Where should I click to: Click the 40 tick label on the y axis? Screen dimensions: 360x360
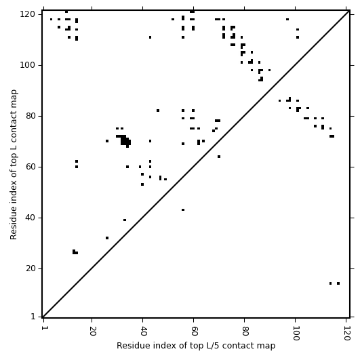pyautogui.click(x=31, y=218)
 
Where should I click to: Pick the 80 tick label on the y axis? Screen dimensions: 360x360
pyautogui.click(x=31, y=116)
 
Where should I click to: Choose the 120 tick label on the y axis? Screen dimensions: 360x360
pyautogui.click(x=28, y=14)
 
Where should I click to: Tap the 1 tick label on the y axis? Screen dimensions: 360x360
pyautogui.click(x=33, y=317)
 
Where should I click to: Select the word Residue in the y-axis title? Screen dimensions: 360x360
pyautogui.click(x=14, y=223)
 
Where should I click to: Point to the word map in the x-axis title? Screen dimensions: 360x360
pyautogui.click(x=266, y=346)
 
